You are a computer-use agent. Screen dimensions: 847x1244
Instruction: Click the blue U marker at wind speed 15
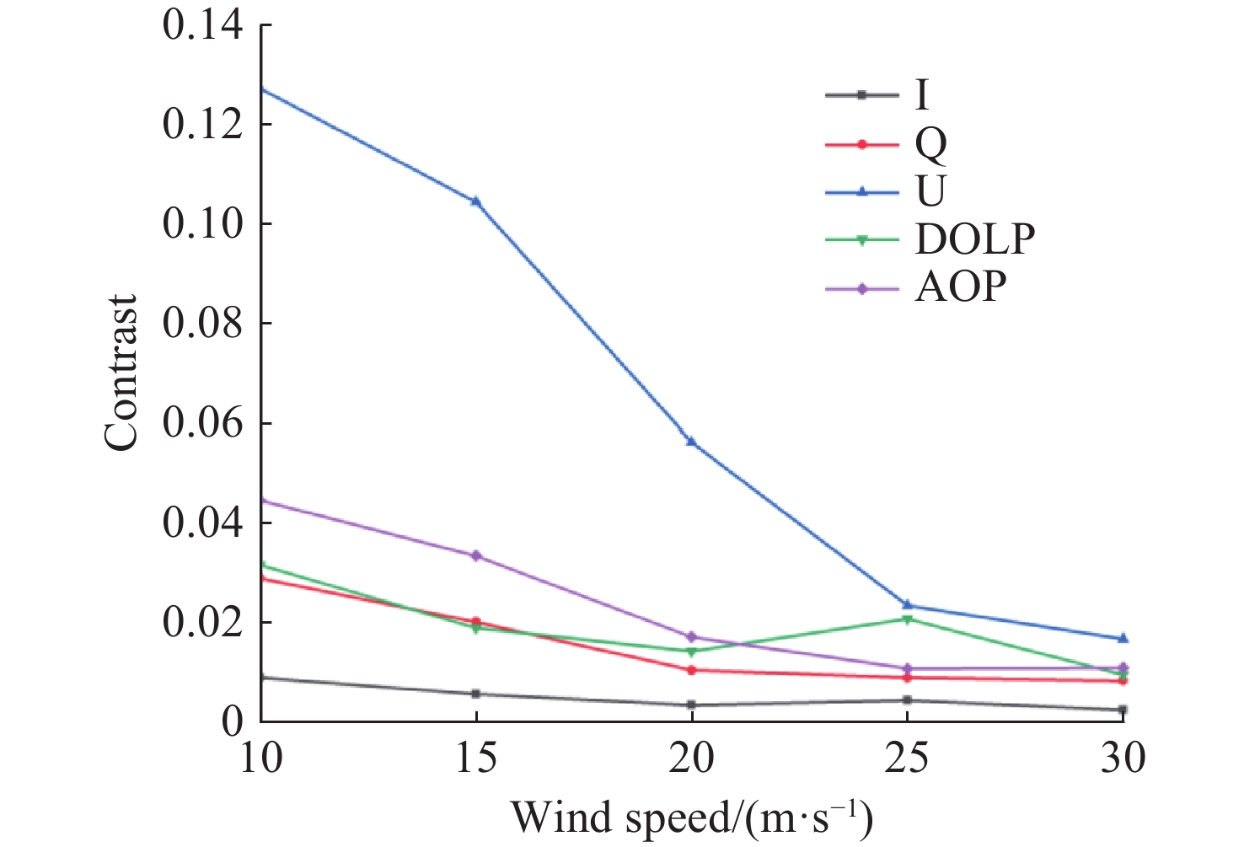[x=476, y=201]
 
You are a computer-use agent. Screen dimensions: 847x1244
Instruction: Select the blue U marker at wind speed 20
[x=691, y=441]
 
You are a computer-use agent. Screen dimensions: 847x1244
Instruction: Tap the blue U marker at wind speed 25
[x=907, y=604]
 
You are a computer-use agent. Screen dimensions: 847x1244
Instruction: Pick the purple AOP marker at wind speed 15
[x=476, y=555]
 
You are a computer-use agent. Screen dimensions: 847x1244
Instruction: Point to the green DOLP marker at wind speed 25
[x=907, y=619]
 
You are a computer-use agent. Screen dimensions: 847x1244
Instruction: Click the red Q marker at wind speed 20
[x=691, y=670]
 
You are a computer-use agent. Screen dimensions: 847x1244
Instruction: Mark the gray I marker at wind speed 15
[x=476, y=694]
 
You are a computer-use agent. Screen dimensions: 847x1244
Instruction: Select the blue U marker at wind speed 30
[x=1123, y=639]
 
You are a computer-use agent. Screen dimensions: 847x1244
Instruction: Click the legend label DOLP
[x=975, y=240]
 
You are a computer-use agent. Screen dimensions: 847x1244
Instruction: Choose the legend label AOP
[x=961, y=288]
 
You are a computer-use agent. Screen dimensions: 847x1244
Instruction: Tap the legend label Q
[x=930, y=145]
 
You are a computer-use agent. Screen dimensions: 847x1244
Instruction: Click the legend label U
[x=930, y=192]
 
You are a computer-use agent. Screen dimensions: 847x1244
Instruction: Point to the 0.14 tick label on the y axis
[x=203, y=25]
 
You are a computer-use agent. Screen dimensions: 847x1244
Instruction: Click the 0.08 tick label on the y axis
[x=203, y=324]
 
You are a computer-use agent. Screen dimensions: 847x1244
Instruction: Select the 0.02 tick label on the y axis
[x=203, y=623]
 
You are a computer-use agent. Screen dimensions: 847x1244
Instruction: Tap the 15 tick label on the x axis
[x=476, y=758]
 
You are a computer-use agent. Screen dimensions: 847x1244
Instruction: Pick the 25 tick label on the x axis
[x=907, y=758]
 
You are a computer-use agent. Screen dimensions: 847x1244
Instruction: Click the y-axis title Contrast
[x=121, y=373]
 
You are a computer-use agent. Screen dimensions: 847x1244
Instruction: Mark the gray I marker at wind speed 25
[x=907, y=700]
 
